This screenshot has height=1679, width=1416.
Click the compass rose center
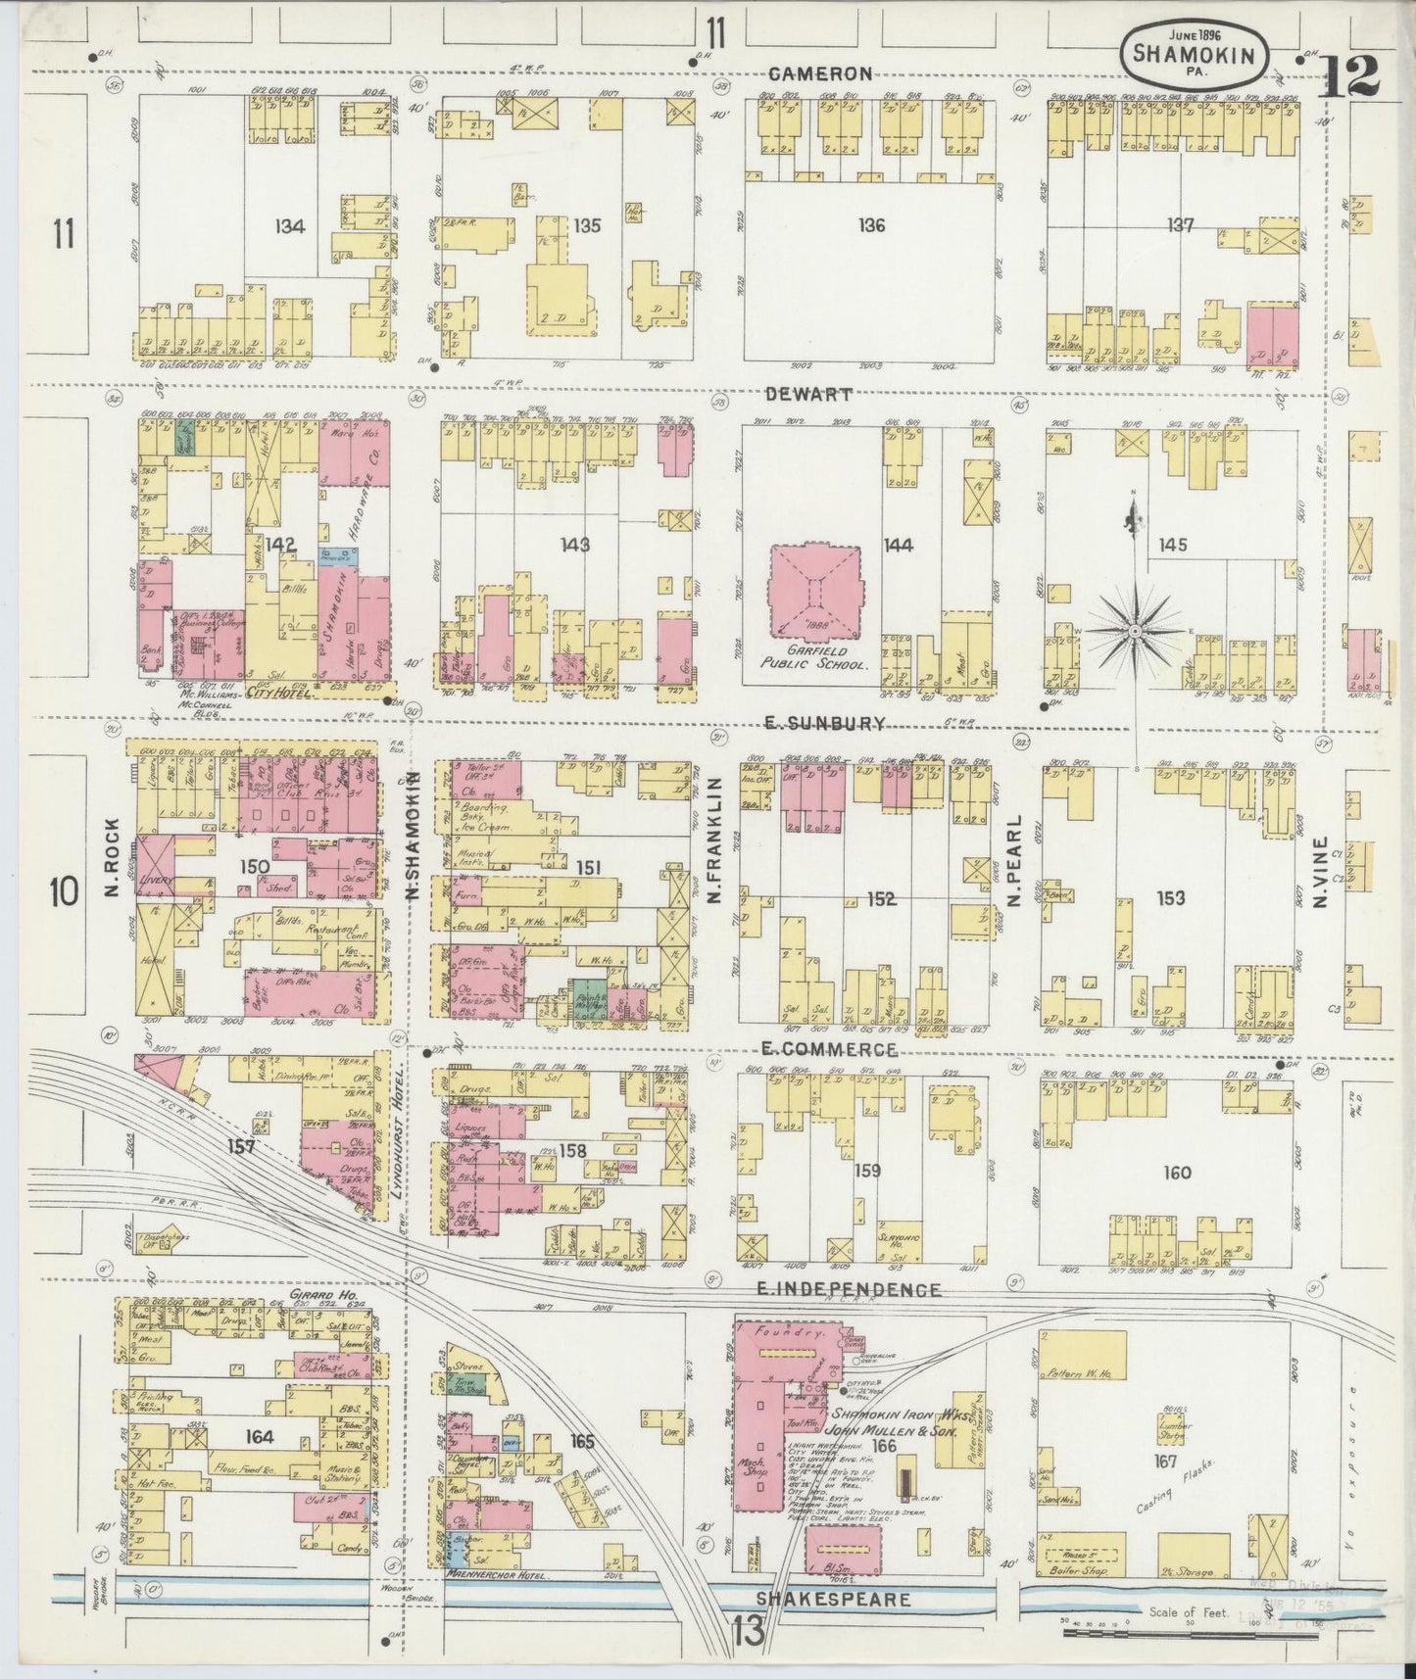point(1135,631)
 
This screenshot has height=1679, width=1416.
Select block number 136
point(870,226)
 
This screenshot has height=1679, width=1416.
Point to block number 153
point(1170,897)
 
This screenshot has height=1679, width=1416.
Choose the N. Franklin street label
point(714,840)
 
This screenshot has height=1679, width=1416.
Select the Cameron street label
point(820,73)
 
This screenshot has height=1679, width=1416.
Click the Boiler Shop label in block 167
point(1084,1572)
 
